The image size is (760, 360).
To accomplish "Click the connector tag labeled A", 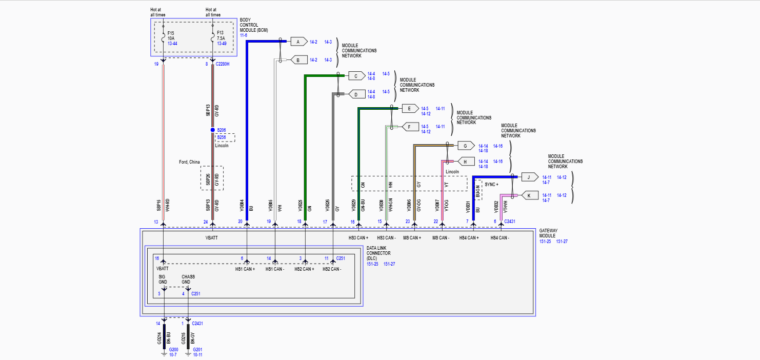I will point(298,42).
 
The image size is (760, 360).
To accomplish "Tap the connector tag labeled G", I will point(465,146).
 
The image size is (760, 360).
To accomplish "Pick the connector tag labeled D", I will point(356,94).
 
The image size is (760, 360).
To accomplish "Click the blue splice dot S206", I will point(213,130).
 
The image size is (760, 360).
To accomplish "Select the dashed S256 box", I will point(225,137).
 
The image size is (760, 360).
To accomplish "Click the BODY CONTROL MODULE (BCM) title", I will point(254,25).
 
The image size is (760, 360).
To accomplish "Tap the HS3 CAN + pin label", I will point(358,238).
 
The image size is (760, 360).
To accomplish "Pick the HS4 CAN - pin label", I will point(500,238).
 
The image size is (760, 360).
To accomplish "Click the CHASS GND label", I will point(188,279).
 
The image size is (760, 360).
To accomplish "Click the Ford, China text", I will point(189,162).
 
